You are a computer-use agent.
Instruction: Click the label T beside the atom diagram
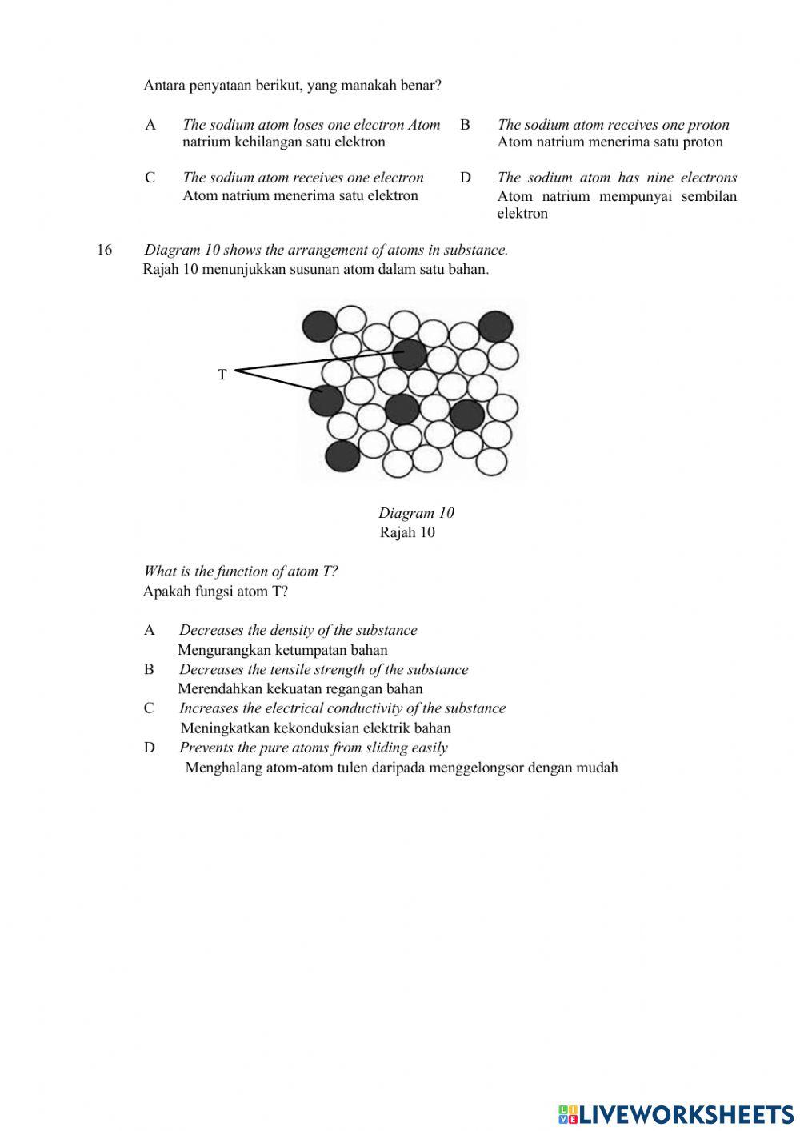(x=222, y=374)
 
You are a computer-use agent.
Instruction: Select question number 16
(x=104, y=250)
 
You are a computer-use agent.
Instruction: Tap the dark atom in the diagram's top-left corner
(x=319, y=325)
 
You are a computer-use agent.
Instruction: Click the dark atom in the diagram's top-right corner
(x=495, y=326)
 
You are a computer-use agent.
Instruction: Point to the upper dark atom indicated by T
(x=410, y=354)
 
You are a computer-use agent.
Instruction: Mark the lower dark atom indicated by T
(x=326, y=400)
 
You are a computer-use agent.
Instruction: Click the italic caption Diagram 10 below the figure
(x=416, y=513)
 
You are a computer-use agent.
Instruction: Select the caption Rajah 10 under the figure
(x=407, y=532)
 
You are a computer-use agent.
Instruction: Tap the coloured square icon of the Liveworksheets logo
(x=567, y=1113)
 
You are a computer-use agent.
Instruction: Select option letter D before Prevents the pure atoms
(x=150, y=748)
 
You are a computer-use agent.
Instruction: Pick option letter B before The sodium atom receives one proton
(x=465, y=125)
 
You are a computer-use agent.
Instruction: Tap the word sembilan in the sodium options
(x=709, y=196)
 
